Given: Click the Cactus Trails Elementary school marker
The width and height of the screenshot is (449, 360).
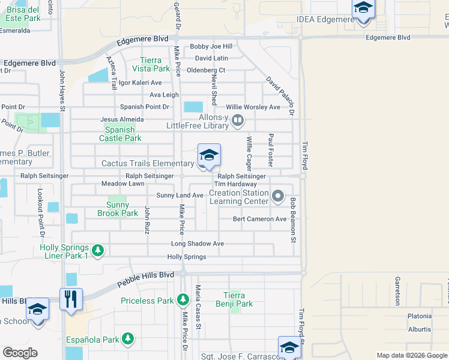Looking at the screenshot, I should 209,156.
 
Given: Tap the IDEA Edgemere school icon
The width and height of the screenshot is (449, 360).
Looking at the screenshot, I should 363,9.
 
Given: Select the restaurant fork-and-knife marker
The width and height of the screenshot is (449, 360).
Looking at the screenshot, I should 71,299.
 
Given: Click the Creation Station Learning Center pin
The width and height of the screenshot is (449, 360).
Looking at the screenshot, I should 277,196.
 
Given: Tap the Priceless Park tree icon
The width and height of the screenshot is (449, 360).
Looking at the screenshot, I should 183,299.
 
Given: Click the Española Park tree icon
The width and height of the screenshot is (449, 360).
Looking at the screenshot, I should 127,339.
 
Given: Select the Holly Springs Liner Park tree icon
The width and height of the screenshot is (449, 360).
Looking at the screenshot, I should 97,250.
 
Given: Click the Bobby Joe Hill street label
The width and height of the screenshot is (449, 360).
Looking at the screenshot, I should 211,46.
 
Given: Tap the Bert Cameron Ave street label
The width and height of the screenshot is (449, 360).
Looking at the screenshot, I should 260,219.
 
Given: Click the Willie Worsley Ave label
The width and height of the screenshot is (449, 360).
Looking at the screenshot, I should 253,107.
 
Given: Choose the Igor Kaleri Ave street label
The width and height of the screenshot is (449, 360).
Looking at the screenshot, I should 140,83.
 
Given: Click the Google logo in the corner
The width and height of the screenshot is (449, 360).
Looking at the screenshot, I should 20,352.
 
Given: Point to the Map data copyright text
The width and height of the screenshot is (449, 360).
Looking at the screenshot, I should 412,355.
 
